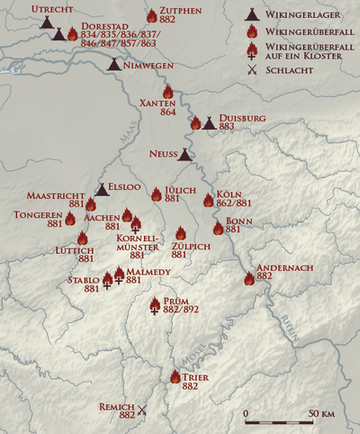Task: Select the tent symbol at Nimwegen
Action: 114,64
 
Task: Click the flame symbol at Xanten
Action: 167,91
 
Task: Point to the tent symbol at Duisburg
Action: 209,122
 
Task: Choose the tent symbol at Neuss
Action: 184,155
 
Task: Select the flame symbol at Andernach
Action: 249,278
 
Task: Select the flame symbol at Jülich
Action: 156,194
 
